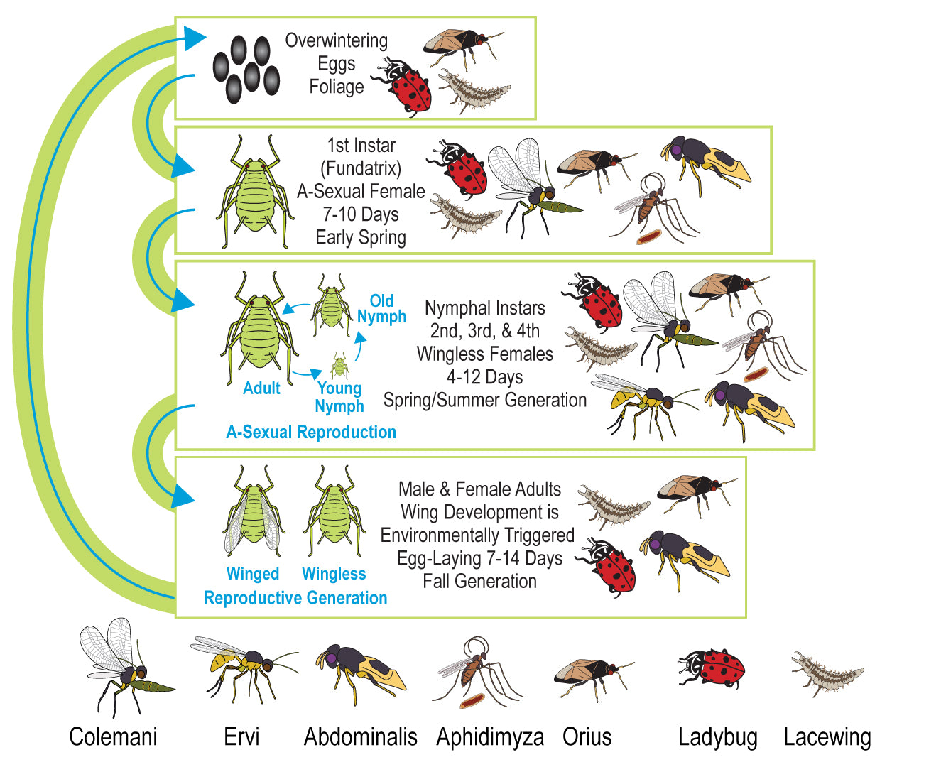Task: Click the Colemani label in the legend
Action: [x=113, y=736]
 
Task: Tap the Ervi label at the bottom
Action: [x=241, y=736]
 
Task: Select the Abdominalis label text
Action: [x=361, y=736]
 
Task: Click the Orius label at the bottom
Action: [x=587, y=736]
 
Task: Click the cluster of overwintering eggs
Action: [x=246, y=69]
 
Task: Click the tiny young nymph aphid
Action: [x=339, y=365]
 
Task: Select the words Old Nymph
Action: [x=381, y=308]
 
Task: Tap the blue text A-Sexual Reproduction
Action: [x=311, y=432]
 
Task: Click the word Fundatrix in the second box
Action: [x=361, y=168]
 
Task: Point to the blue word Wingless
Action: [x=334, y=574]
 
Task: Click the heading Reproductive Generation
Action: [x=295, y=598]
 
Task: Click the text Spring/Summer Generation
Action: [x=484, y=400]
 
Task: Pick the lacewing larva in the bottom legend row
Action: [x=827, y=673]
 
